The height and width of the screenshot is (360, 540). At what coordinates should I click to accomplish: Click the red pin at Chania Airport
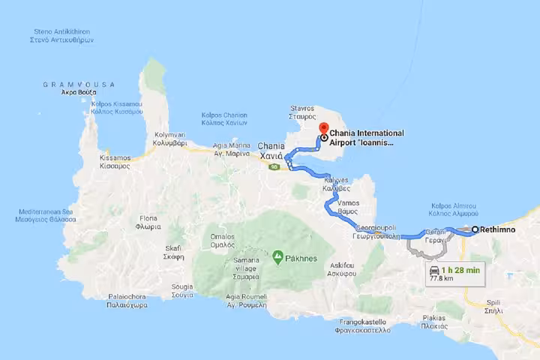click(323, 127)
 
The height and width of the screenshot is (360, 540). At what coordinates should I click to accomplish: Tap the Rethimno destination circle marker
click(475, 229)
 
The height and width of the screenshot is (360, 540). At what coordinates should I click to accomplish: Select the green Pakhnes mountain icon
click(277, 257)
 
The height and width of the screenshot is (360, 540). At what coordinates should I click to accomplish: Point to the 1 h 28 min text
click(460, 270)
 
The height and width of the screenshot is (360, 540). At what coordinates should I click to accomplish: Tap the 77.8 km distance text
click(440, 279)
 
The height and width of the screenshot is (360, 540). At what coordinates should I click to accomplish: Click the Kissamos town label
click(115, 162)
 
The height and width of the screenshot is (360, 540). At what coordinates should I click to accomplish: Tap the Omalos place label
click(223, 241)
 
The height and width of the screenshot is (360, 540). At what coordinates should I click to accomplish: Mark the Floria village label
click(148, 222)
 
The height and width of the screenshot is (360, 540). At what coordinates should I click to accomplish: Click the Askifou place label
click(342, 269)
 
